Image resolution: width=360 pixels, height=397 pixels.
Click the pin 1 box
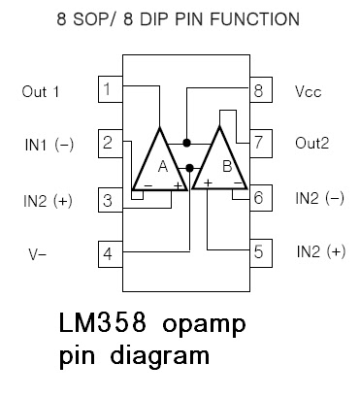(x=111, y=92)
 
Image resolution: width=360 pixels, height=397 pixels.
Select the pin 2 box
(x=111, y=145)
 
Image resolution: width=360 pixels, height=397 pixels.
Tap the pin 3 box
(x=111, y=201)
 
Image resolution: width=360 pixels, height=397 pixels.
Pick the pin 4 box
(x=111, y=254)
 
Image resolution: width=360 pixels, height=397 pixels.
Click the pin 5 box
(x=257, y=252)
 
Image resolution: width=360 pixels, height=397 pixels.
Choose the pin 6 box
(x=257, y=198)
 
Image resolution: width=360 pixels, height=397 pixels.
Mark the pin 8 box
(x=257, y=92)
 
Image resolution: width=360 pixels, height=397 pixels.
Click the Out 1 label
(x=41, y=93)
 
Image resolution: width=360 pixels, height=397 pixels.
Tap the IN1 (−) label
(x=48, y=146)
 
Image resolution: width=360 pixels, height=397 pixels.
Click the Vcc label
(x=308, y=93)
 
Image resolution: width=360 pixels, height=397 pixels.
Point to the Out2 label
(x=311, y=144)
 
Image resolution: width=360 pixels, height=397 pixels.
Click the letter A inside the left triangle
(x=162, y=166)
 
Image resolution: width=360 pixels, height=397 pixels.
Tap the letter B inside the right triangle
(x=226, y=166)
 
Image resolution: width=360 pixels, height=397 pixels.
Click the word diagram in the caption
(x=151, y=355)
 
